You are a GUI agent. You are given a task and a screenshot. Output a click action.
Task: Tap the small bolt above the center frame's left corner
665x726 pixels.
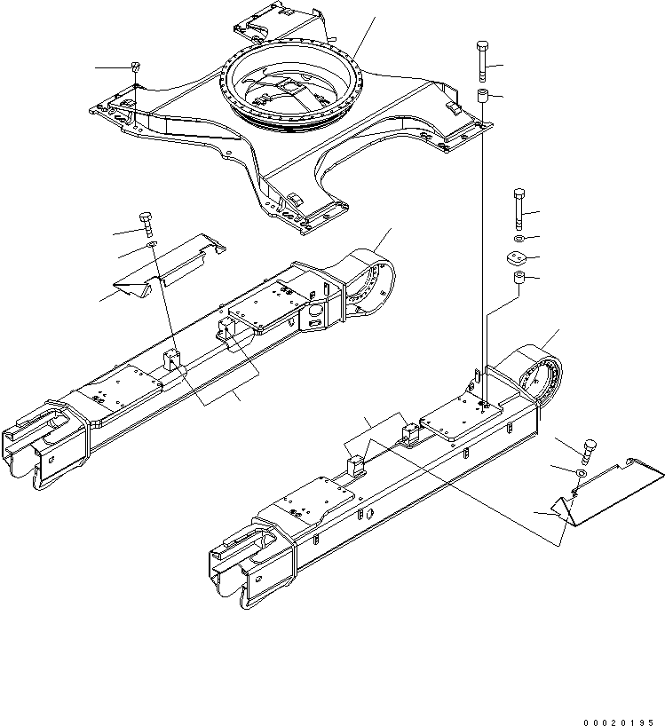(x=135, y=67)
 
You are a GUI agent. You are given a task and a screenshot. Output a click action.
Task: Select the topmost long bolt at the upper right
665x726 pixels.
(x=482, y=60)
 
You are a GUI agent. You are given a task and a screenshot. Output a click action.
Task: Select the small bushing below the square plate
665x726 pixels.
(x=519, y=282)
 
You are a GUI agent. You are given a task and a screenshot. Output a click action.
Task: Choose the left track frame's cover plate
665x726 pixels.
(x=169, y=266)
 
